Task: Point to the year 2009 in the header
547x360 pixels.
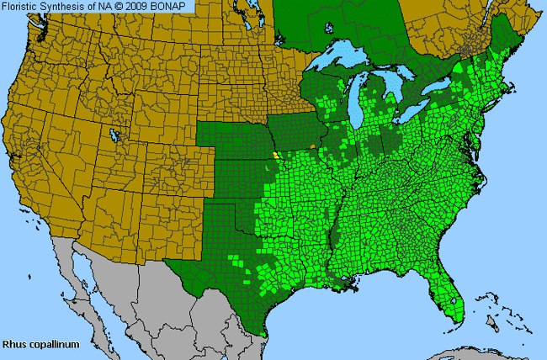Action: [x=148, y=6]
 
